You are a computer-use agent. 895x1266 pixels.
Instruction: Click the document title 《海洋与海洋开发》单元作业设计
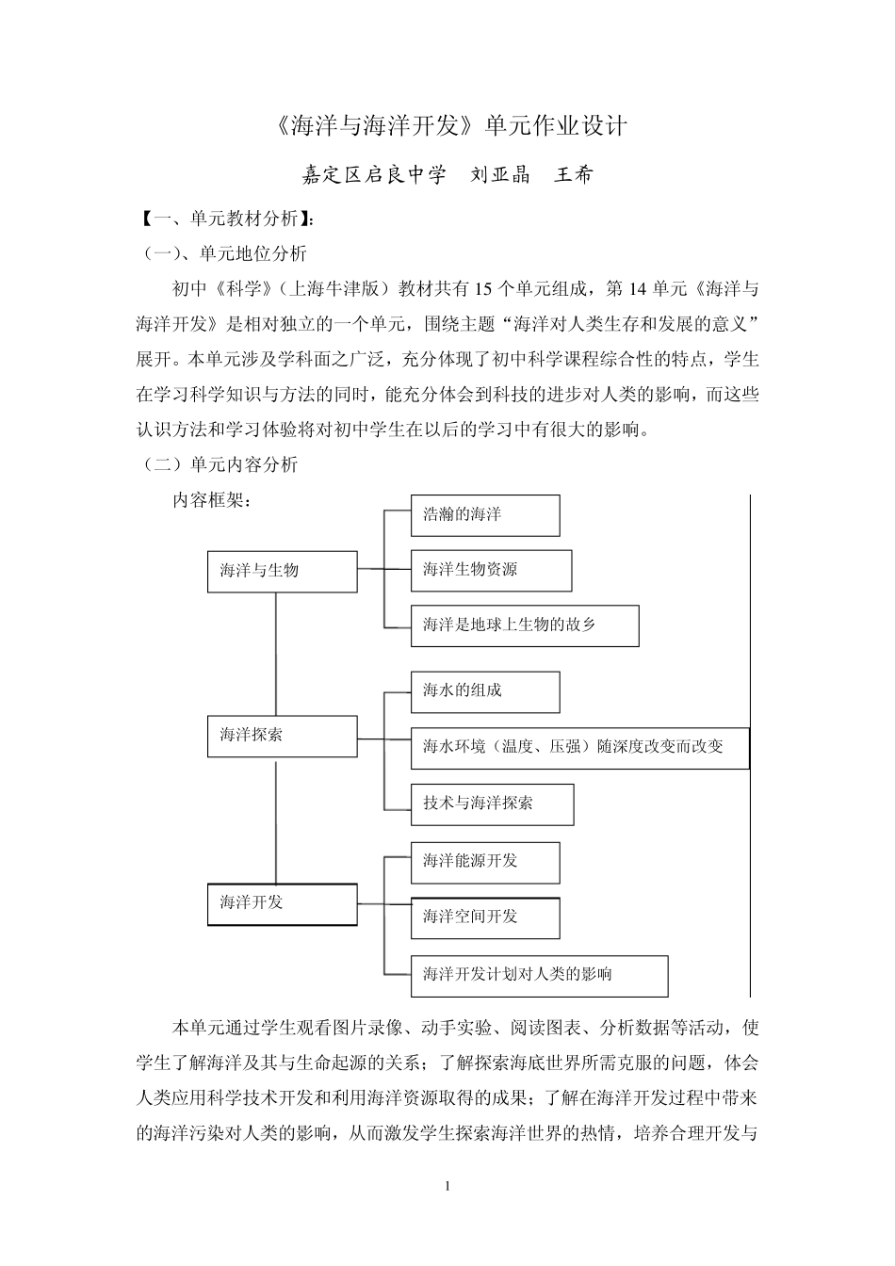click(x=447, y=126)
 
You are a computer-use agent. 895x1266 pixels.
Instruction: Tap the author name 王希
click(x=574, y=174)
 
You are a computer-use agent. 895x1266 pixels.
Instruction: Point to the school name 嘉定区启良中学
click(x=373, y=174)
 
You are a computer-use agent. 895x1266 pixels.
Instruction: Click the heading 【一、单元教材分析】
click(x=226, y=219)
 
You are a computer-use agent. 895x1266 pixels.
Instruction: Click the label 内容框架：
click(x=211, y=500)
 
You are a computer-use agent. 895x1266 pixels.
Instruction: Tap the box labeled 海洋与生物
click(x=282, y=571)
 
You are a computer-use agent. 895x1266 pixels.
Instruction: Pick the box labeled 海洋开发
click(x=282, y=903)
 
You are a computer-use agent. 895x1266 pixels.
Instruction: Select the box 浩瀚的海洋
click(x=485, y=515)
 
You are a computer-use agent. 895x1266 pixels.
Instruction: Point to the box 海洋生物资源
click(x=491, y=570)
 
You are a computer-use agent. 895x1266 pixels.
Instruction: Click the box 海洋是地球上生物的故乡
click(x=525, y=625)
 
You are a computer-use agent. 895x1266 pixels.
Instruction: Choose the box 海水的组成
click(x=485, y=691)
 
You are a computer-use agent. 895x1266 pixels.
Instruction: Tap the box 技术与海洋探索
click(x=492, y=803)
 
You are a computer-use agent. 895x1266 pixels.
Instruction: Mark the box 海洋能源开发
click(x=485, y=862)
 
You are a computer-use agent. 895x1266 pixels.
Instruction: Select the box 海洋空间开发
click(x=485, y=917)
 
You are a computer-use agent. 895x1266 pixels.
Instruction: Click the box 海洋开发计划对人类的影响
click(x=539, y=975)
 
